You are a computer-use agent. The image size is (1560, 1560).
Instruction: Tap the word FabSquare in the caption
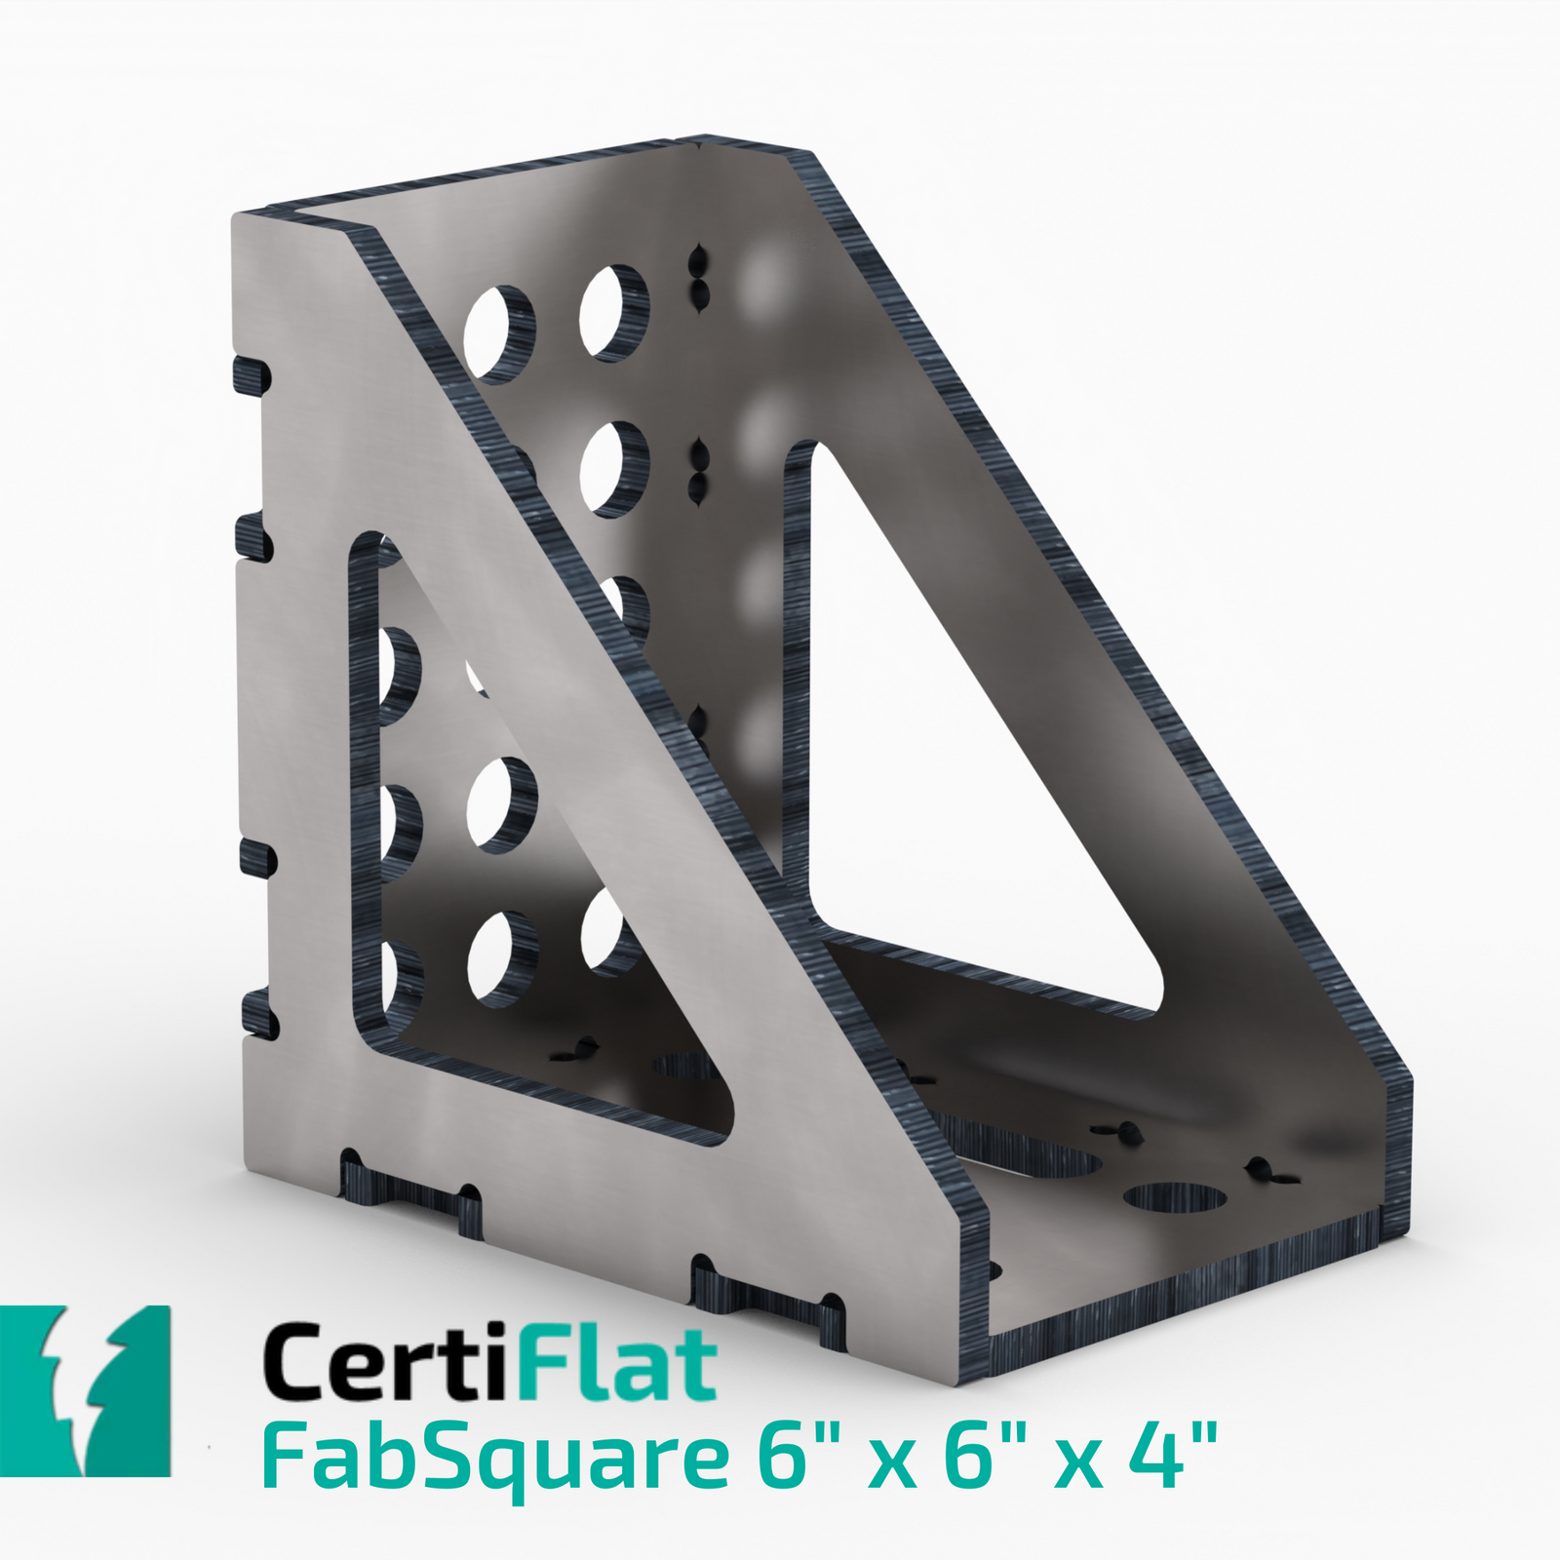tap(493, 1460)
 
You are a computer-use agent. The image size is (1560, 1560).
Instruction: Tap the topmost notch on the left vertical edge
tap(251, 372)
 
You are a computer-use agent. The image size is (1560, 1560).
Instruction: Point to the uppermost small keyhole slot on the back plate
tap(698, 261)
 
